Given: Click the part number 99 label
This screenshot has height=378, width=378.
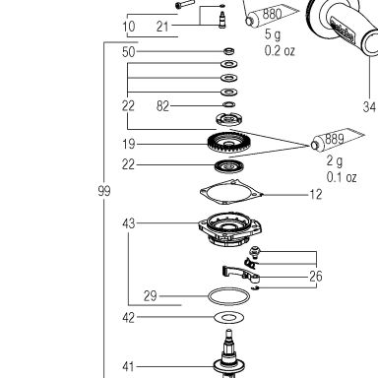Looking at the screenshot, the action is [x=104, y=191].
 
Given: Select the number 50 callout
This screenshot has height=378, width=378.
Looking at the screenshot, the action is [x=128, y=52].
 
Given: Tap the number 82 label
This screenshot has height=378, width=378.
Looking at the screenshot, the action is [x=162, y=106].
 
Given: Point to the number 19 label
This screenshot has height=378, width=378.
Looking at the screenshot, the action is [x=128, y=144].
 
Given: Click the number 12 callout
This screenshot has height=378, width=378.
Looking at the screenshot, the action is [x=316, y=195].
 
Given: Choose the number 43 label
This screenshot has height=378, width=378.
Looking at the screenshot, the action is [x=129, y=223].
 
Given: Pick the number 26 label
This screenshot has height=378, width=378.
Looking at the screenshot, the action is [x=316, y=277].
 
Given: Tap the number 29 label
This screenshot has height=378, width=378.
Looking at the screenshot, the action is [x=151, y=296].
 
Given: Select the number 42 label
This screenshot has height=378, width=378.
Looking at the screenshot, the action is [x=128, y=318].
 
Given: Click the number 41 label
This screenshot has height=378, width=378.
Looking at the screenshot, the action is [x=128, y=366].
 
